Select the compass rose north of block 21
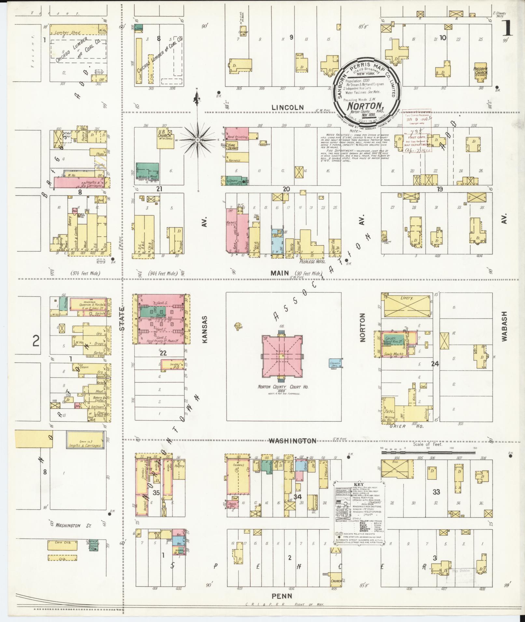[197, 139]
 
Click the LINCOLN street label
[288, 107]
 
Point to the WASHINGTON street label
[292, 441]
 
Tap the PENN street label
[282, 596]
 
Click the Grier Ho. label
[397, 426]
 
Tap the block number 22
[163, 353]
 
